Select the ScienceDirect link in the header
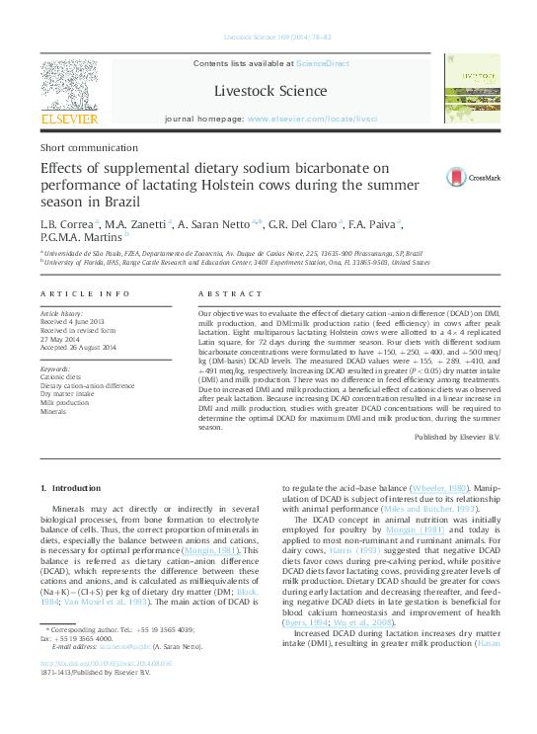click(x=325, y=62)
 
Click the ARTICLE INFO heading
click(x=85, y=294)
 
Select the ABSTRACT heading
click(x=230, y=294)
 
